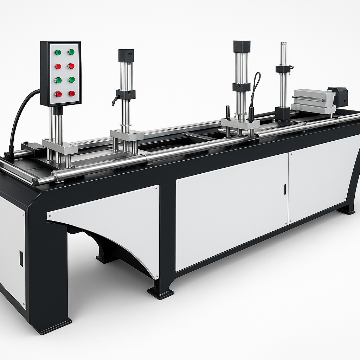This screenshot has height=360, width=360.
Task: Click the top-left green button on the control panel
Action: pos(58,52)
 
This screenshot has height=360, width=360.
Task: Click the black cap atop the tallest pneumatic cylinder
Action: pos(242,46)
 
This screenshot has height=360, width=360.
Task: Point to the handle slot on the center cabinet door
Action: pos(285,189)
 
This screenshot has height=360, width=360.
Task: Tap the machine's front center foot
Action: pos(161,291)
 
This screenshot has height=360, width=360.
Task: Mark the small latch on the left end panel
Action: pos(21,258)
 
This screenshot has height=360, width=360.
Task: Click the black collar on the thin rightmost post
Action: pos(283,69)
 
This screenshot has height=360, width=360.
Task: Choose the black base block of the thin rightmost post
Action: pos(283,114)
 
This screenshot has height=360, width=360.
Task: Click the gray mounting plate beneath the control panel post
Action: pos(59,146)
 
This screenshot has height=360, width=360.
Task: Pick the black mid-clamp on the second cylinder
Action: pos(126,94)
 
